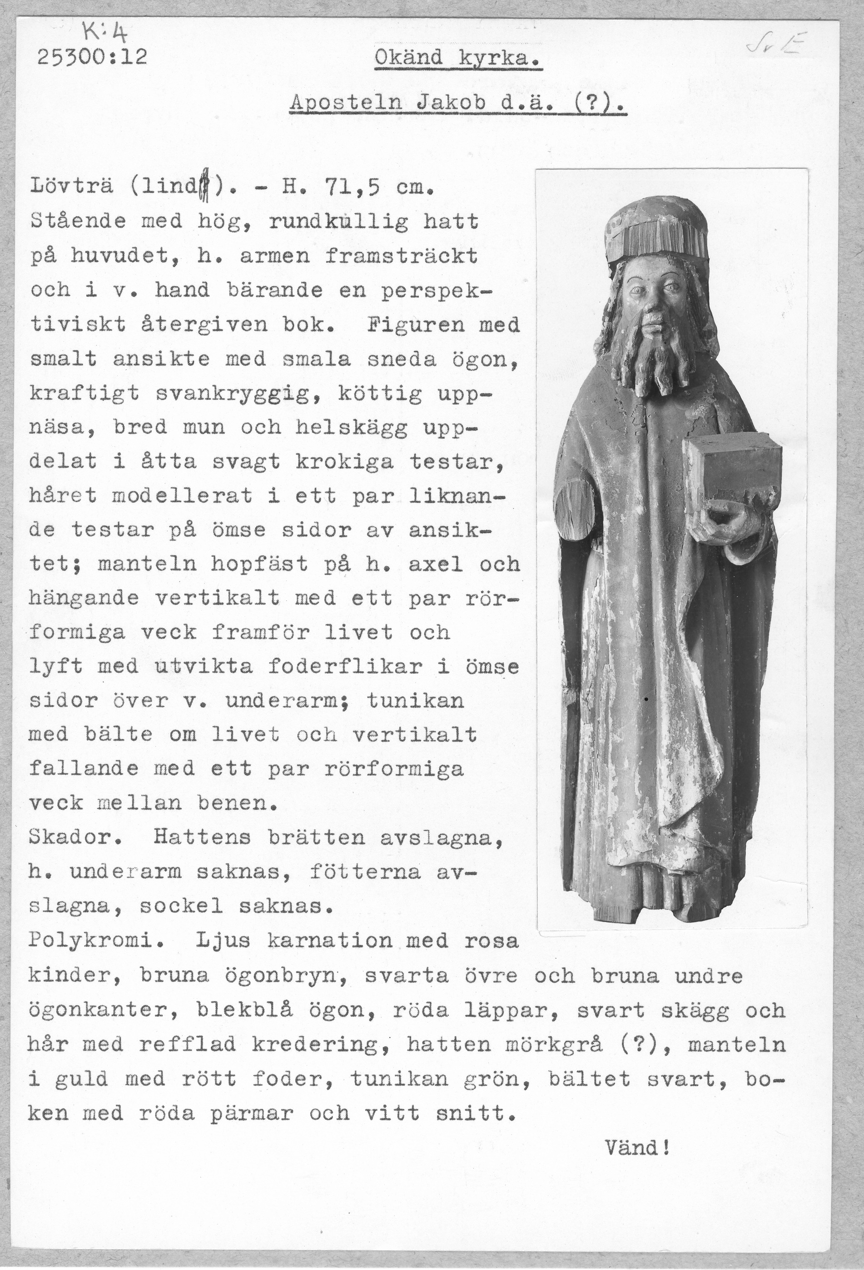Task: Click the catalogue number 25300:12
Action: [92, 57]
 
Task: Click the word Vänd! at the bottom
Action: [637, 1146]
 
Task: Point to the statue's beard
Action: [648, 355]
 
